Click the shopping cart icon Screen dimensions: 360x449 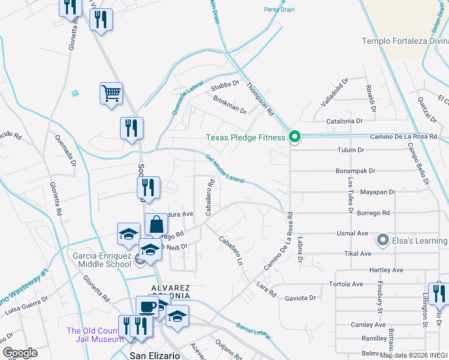(x=111, y=94)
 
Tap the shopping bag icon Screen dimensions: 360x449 (x=156, y=224)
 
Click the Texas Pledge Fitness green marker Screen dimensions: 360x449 (x=294, y=137)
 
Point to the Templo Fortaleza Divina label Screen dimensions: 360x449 (x=405, y=41)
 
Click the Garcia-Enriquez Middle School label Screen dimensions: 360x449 (x=101, y=259)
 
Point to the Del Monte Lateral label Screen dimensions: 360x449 (x=225, y=169)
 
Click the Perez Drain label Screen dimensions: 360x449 (x=279, y=10)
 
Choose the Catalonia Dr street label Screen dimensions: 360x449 (x=345, y=121)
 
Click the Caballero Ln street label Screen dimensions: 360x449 (x=234, y=253)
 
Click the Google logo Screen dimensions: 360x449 (x=20, y=353)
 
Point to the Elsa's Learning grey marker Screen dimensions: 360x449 (x=382, y=241)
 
